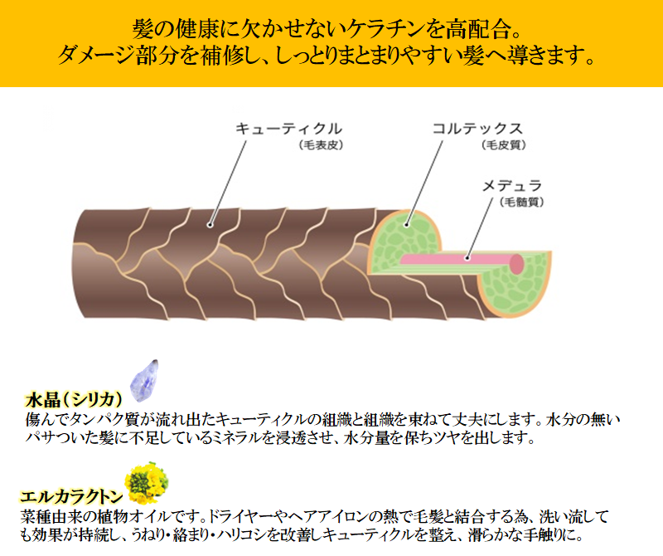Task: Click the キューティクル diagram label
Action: coord(288,129)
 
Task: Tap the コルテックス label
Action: coord(477,129)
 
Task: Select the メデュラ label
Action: coord(512,186)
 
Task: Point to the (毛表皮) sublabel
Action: coord(321,145)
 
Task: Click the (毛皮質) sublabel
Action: coord(504,145)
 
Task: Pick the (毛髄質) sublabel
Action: coord(521,202)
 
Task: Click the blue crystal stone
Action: coord(144,381)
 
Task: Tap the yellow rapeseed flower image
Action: coord(147,482)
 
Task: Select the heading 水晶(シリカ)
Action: coord(74,399)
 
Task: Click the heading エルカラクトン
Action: coord(71,496)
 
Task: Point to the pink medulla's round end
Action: coord(516,263)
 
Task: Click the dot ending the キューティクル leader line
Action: coord(211,225)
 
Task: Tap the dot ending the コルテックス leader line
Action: coord(406,225)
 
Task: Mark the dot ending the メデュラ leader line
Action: coord(467,257)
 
